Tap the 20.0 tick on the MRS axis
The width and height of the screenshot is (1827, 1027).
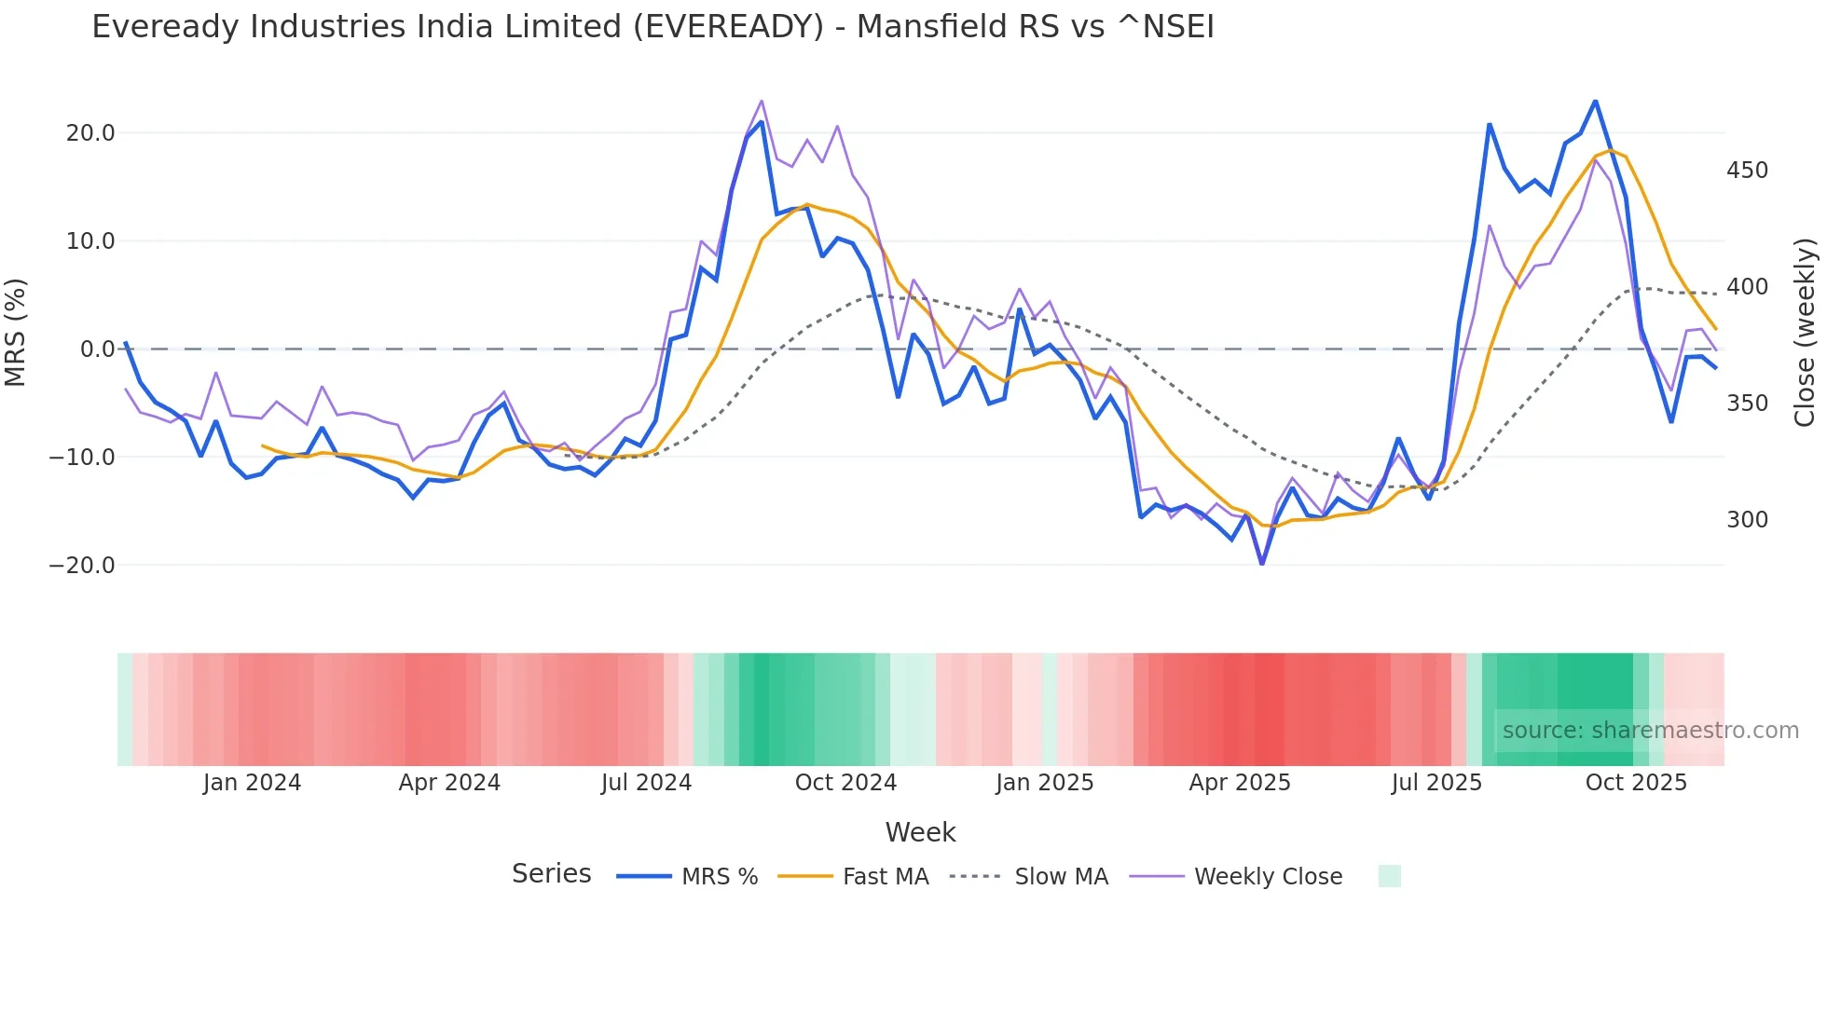pos(90,133)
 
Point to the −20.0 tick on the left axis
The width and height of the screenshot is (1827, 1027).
pos(82,566)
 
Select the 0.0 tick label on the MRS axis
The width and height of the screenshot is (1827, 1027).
pos(97,349)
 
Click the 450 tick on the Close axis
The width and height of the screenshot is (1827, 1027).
pos(1747,171)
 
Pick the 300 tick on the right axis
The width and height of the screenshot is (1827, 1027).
pos(1747,520)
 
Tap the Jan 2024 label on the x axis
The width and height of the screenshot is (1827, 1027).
pos(252,783)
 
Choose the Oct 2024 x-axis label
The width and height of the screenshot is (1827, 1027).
pos(845,783)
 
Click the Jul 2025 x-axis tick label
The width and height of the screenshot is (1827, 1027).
pos(1436,783)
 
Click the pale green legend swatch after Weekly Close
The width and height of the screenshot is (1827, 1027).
pos(1389,876)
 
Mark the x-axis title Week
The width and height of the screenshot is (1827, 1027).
pos(920,832)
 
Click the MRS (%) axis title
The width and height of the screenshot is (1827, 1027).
pos(16,332)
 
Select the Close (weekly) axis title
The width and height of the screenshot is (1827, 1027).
pos(1805,332)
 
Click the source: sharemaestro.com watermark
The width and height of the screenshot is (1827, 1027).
pos(1650,731)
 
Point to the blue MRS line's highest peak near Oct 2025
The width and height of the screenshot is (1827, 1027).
pos(1595,101)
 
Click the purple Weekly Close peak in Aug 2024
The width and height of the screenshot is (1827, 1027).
pos(762,101)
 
